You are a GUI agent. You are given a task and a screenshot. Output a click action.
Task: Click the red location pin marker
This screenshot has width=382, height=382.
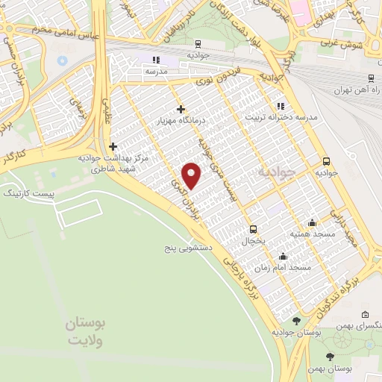pos(192,175)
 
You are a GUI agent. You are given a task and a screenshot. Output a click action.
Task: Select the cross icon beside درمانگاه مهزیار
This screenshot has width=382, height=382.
pos(181,109)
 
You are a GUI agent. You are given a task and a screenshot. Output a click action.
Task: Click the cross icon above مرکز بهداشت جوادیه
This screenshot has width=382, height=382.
pos(113,146)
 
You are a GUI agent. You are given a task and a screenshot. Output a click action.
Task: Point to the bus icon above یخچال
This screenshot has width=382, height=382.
pos(254,229)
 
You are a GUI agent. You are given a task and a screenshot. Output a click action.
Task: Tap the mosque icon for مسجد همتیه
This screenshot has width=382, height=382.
pos(312,222)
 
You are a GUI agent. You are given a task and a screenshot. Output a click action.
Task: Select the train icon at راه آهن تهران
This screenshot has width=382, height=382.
pos(371,77)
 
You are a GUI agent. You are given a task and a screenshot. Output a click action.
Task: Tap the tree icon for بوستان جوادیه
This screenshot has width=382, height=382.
pos(297,321)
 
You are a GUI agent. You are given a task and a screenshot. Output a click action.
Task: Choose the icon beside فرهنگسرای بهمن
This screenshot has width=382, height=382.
pos(364,315)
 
